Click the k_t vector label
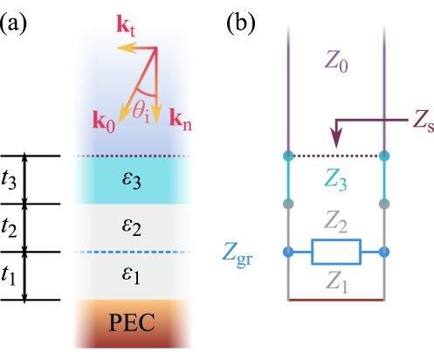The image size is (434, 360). [x=126, y=24]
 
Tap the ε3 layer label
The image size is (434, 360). [x=131, y=180]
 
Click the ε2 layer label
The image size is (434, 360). [x=131, y=228]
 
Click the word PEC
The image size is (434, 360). [x=132, y=322]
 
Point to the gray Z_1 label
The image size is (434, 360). [x=336, y=280]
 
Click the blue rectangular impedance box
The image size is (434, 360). [x=336, y=252]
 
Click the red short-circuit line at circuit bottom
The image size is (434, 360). [x=336, y=300]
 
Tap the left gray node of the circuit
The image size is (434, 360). [x=288, y=204]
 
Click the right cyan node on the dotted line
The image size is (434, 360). [x=384, y=156]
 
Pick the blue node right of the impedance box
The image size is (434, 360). [x=384, y=252]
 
